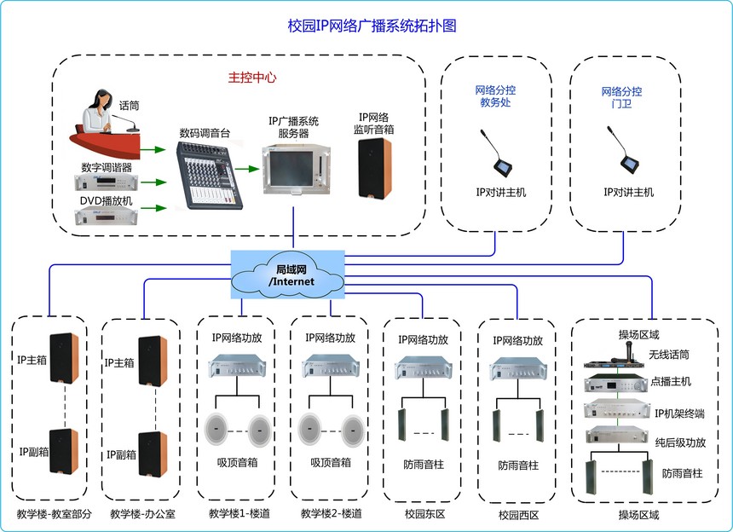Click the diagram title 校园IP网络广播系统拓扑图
[x=372, y=26]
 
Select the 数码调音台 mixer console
[x=205, y=176]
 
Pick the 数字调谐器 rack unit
[x=106, y=182]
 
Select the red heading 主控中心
[x=252, y=77]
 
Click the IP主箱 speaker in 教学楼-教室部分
[x=65, y=359]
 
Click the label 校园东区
[x=424, y=515]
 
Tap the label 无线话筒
[x=667, y=354]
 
